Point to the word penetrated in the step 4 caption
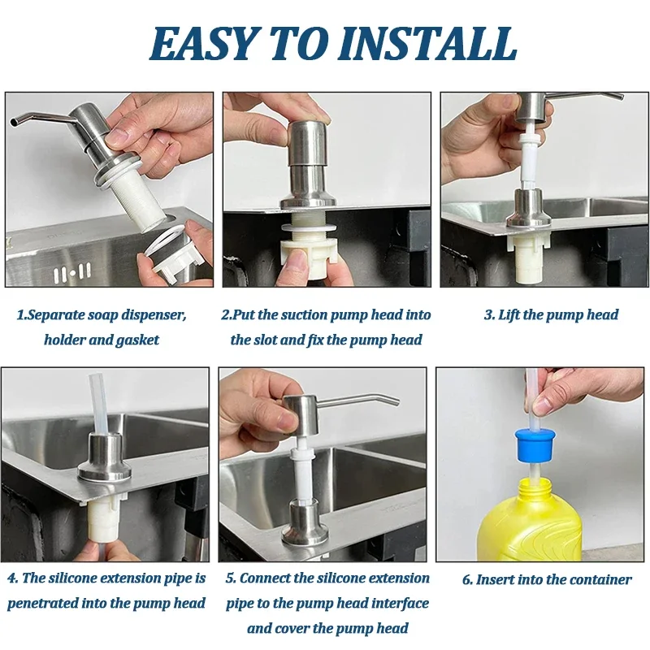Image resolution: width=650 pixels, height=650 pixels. (46, 604)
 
